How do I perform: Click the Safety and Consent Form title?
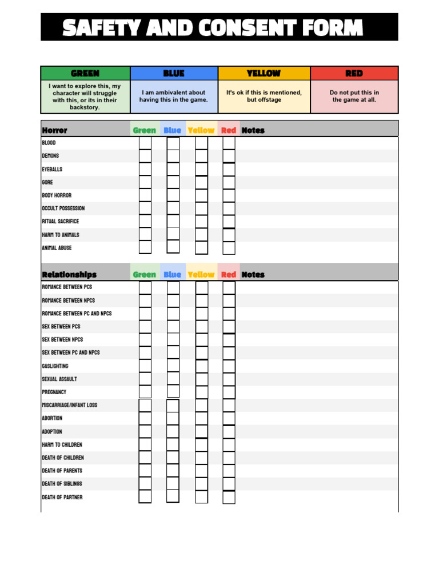coord(213,27)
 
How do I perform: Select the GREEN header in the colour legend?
coord(85,73)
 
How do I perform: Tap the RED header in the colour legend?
coord(354,73)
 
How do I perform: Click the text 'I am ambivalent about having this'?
coord(174,96)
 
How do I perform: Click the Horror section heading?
coord(54,130)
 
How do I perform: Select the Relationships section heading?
coord(69,275)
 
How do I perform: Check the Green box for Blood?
coord(145,143)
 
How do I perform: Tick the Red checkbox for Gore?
coord(229,182)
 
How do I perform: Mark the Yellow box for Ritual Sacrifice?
coord(201,222)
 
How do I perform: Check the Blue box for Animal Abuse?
coord(173,247)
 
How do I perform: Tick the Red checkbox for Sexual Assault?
coord(229,379)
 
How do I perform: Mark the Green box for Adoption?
coord(145,432)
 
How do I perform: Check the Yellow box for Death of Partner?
coord(201,497)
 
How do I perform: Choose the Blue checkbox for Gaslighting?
coord(173,366)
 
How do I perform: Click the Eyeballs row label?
coord(52,170)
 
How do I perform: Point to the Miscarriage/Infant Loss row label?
coord(69,405)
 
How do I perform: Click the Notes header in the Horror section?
coord(253,130)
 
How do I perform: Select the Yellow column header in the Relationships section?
coord(201,275)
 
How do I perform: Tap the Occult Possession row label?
coord(63,209)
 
